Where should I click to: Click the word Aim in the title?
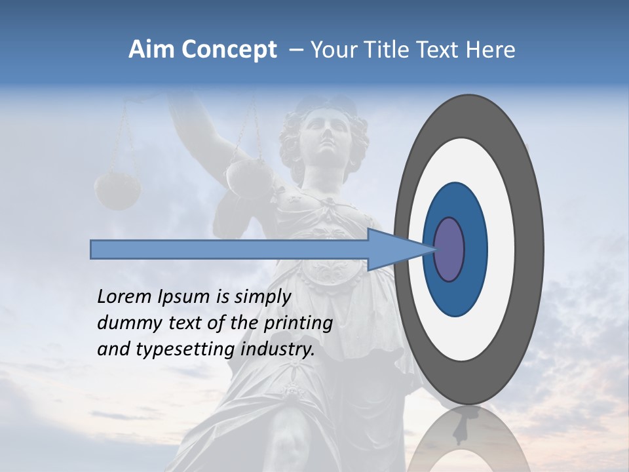pos(151,50)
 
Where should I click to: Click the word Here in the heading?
pos(491,50)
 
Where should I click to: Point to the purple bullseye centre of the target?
pos(449,250)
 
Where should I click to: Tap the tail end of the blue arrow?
pos(94,249)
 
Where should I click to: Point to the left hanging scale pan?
pos(118,191)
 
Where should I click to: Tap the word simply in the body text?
pos(263,298)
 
